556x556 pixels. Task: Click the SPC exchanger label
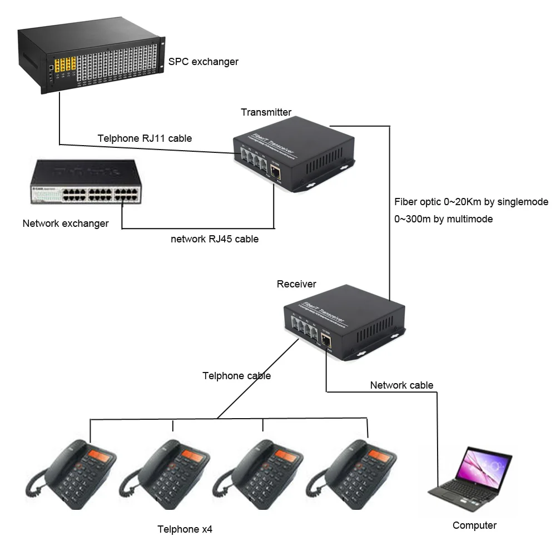click(x=203, y=61)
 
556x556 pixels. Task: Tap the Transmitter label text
click(x=266, y=112)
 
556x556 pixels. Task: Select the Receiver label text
click(x=296, y=284)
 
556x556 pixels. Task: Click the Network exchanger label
click(x=66, y=224)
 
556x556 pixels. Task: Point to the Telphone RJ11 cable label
click(x=145, y=138)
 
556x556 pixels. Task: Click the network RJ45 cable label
click(x=214, y=240)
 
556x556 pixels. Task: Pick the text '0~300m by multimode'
click(x=444, y=219)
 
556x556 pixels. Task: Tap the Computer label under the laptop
click(x=474, y=525)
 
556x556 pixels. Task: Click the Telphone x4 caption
click(x=185, y=529)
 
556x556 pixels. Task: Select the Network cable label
click(x=401, y=385)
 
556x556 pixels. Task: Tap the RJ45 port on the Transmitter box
click(x=275, y=168)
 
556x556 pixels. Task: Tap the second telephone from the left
click(x=167, y=473)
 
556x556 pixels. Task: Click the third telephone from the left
click(x=261, y=473)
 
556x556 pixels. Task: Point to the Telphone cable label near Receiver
click(x=236, y=376)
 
